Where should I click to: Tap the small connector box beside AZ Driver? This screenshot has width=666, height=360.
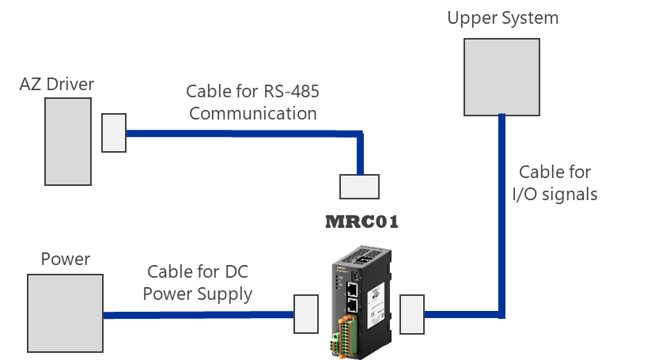(114, 133)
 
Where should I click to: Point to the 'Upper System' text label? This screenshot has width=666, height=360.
(502, 18)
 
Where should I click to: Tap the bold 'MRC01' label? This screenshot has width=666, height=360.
(362, 222)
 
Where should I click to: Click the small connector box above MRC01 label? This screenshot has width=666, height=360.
(359, 186)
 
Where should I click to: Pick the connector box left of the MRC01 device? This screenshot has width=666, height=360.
(306, 314)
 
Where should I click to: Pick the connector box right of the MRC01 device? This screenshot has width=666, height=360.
(412, 314)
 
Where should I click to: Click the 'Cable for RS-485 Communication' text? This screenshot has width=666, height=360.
(252, 103)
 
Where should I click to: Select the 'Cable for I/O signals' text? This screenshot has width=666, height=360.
(554, 182)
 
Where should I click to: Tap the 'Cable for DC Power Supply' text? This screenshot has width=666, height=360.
(199, 283)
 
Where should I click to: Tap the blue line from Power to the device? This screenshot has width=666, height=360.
(198, 315)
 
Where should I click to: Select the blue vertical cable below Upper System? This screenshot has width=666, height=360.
(501, 214)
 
